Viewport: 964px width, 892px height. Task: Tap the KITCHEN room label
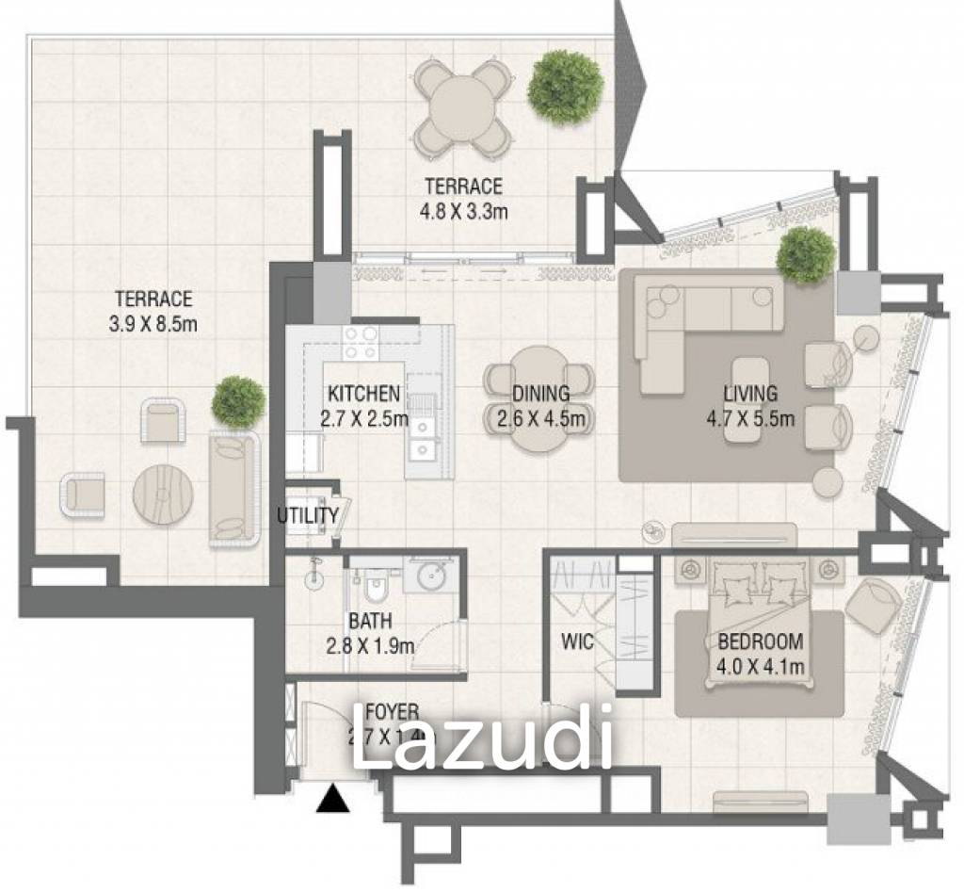tap(363, 394)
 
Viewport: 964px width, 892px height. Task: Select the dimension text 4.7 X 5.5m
tap(750, 418)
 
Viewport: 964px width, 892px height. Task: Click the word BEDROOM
tap(761, 642)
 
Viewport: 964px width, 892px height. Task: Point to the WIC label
tap(577, 642)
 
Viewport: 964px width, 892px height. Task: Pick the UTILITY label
tap(307, 515)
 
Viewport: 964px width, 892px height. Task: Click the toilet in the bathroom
tap(376, 587)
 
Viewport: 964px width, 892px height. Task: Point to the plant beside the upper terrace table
tap(565, 86)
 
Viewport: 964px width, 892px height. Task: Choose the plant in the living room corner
tap(806, 254)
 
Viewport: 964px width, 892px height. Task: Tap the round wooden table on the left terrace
tap(163, 493)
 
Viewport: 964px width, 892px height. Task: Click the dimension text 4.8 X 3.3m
tap(463, 211)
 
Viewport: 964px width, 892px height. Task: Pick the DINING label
tap(540, 394)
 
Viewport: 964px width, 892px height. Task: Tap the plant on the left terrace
tap(237, 400)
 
